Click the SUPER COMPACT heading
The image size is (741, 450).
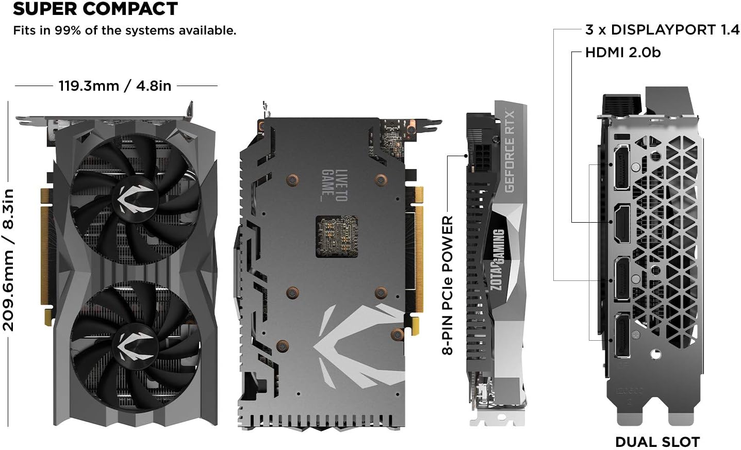click(95, 9)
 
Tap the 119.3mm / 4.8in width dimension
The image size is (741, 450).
click(114, 86)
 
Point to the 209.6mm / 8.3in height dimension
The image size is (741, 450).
click(9, 259)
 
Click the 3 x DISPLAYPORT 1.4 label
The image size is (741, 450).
click(662, 30)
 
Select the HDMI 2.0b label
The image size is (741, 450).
click(622, 53)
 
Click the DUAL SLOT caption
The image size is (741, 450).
click(657, 442)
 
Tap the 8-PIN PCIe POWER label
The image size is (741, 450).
click(447, 285)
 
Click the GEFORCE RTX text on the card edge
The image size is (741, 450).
click(509, 151)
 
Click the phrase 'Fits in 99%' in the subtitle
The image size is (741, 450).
click(43, 30)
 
